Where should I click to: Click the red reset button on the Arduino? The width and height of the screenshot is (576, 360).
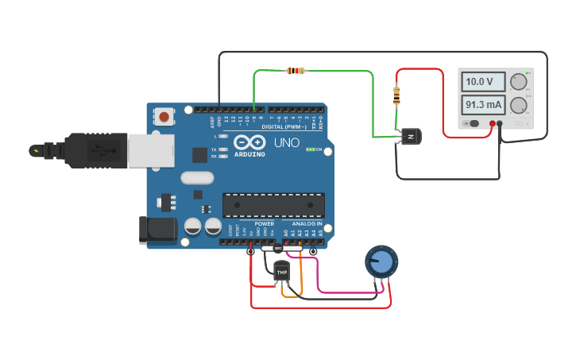pos(164,117)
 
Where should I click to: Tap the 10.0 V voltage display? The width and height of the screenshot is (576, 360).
pos(485,82)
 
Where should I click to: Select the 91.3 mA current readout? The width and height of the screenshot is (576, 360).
pos(485,105)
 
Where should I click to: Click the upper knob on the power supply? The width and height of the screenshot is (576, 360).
pos(519,81)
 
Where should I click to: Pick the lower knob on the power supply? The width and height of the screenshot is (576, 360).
pos(519,105)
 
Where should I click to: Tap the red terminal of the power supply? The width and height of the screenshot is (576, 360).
pos(493,123)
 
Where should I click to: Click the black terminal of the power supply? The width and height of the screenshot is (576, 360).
pos(500,123)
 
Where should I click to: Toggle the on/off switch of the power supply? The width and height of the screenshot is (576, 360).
pos(474,123)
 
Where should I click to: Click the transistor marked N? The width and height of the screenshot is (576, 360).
pos(411,137)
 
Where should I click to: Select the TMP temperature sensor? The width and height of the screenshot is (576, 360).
pos(281,272)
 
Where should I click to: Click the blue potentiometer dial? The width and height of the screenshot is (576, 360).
pos(381,261)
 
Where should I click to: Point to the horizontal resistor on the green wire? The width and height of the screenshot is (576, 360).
pos(295,71)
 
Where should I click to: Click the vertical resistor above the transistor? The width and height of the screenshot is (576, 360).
pos(397,96)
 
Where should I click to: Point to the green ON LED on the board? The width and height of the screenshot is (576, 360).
pos(310,149)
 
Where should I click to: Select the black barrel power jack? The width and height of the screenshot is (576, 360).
pos(157,230)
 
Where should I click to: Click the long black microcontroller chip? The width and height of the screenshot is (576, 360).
pos(273,205)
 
